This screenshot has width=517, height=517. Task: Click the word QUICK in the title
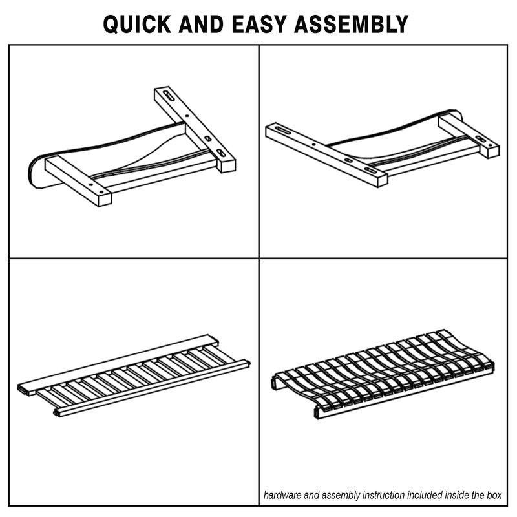point(137,24)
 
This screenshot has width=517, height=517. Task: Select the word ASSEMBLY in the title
point(351,24)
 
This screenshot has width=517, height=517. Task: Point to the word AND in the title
point(201,24)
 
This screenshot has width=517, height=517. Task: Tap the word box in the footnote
point(494,495)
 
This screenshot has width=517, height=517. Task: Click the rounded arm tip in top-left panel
point(36,173)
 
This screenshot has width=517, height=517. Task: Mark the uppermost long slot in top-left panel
point(169,96)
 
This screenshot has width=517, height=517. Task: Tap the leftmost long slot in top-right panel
point(284,131)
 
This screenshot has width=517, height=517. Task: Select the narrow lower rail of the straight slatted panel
point(152,387)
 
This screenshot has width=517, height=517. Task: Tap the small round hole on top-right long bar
point(313,144)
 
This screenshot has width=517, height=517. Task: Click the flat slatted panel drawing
point(134,376)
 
